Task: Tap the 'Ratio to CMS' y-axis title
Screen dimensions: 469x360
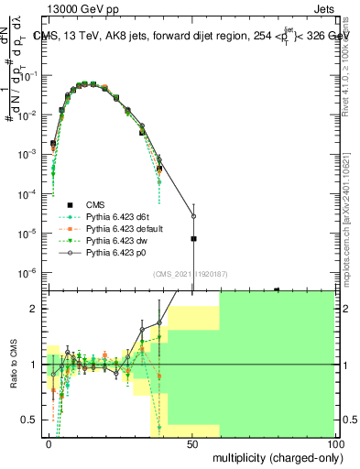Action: coord(16,365)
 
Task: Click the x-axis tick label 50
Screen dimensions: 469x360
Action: coord(192,443)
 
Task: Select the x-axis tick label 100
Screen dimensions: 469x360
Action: coord(335,443)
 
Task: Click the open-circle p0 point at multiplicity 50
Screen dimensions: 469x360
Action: coord(193,217)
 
